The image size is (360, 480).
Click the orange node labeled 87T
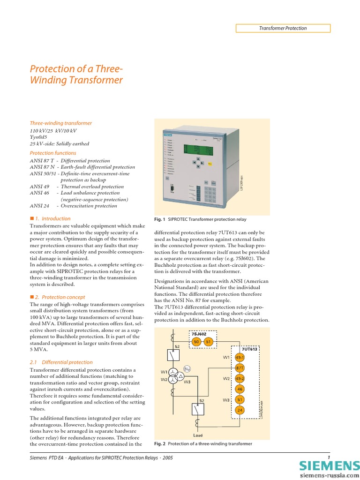click(x=240, y=367)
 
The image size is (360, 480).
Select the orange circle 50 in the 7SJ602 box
click(x=196, y=342)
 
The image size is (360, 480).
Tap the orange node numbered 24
click(x=240, y=410)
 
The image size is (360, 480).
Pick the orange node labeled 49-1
click(x=240, y=357)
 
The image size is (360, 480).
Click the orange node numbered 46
click(x=240, y=389)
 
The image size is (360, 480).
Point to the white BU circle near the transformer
click(x=187, y=369)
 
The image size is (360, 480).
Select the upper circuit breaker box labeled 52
click(x=174, y=356)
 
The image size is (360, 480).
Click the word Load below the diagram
click(x=198, y=435)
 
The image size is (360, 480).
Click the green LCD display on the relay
click(x=198, y=150)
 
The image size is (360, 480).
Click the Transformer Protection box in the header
click(x=283, y=28)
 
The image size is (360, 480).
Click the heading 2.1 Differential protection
click(x=61, y=362)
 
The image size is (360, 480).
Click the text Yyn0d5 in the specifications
click(x=39, y=137)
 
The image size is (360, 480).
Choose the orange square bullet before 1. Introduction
click(x=32, y=218)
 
